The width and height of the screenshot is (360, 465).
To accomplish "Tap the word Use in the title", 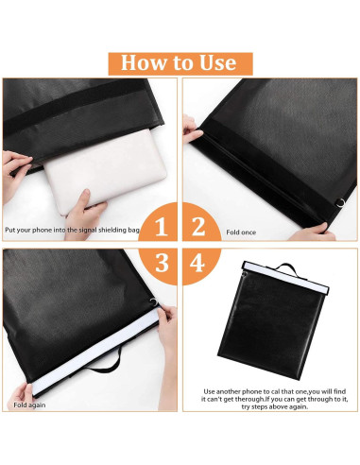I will tap(216, 62).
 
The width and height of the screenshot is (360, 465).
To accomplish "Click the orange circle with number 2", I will tap(197, 227).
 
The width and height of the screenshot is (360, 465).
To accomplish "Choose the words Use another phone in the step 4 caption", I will tap(235, 389).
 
